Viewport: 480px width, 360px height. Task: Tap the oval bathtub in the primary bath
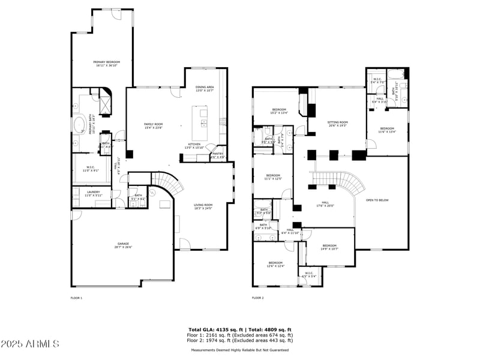click(x=79, y=125)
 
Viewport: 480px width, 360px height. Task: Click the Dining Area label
click(x=205, y=88)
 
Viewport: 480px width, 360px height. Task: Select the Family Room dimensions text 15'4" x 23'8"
click(x=153, y=128)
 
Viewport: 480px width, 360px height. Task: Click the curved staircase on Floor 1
click(x=164, y=182)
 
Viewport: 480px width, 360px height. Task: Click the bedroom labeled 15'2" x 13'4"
click(x=279, y=110)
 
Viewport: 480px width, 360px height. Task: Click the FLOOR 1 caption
click(x=76, y=298)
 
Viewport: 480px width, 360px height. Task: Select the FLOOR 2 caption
click(x=258, y=298)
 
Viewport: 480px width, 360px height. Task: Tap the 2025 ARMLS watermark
click(x=29, y=344)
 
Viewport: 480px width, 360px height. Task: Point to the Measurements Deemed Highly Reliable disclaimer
click(x=240, y=350)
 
